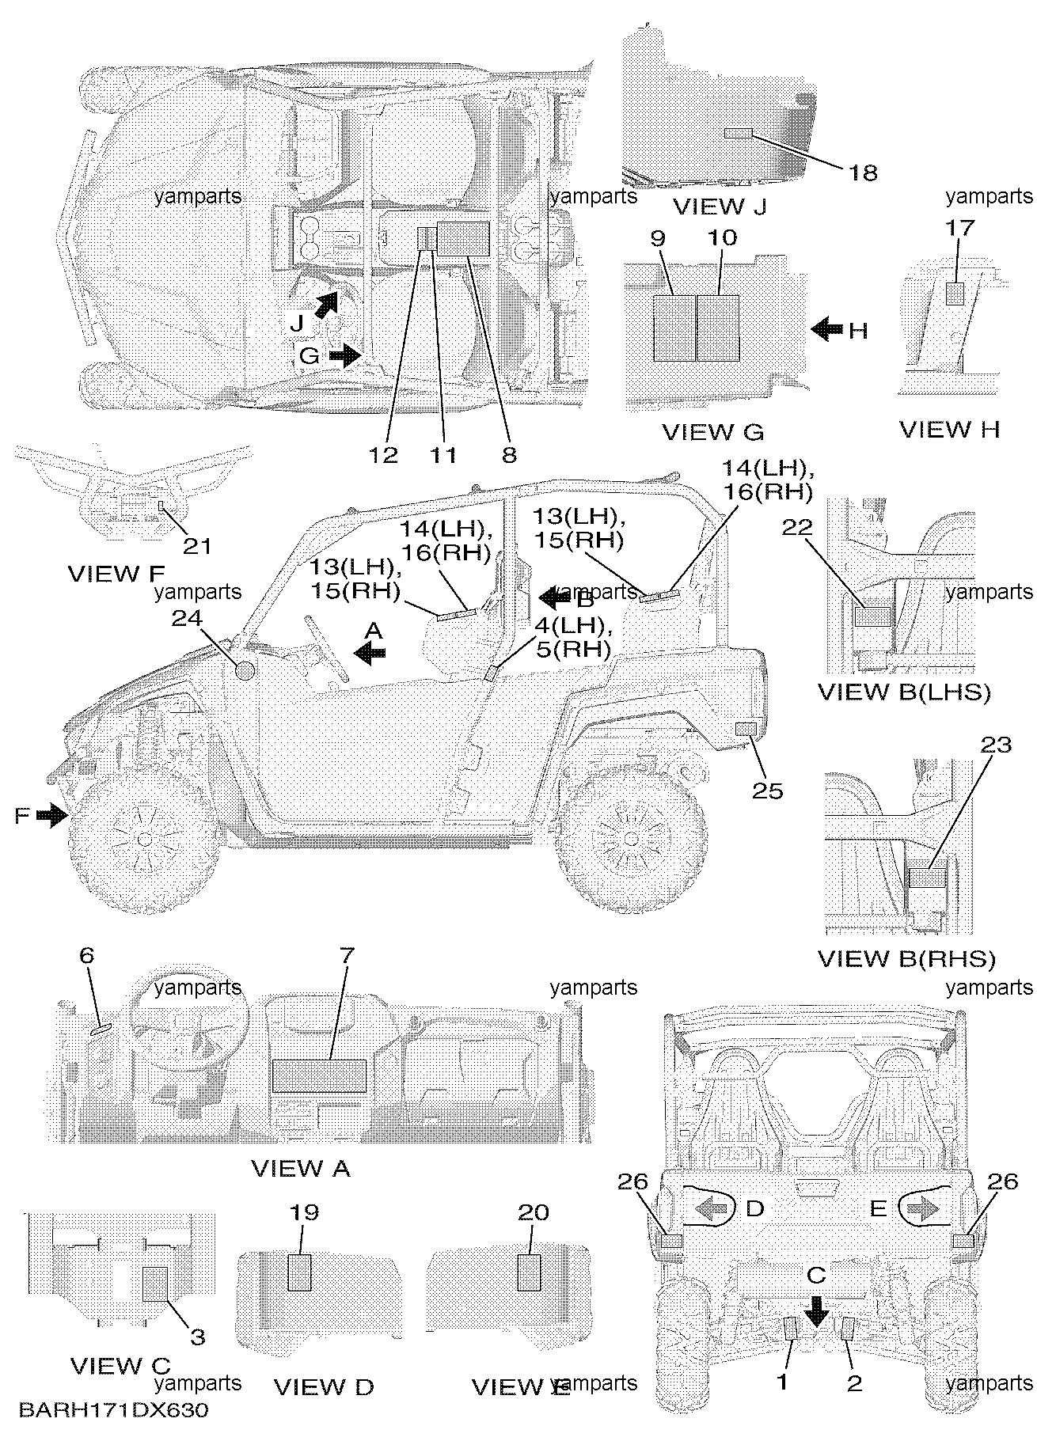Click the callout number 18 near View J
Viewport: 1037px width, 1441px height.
click(863, 173)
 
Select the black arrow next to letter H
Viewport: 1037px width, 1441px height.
click(826, 328)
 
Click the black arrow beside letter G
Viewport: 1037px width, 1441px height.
click(344, 356)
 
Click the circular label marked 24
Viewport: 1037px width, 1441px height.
click(245, 670)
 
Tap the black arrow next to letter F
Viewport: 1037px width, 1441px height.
click(52, 814)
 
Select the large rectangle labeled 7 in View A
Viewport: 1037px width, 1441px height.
click(319, 1076)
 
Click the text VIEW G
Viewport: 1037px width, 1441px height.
click(712, 432)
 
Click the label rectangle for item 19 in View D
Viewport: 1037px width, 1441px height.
click(299, 1272)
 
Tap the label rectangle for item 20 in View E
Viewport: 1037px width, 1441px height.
click(529, 1272)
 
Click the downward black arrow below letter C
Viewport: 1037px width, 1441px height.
click(815, 1314)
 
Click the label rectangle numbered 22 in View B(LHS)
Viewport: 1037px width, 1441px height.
click(873, 616)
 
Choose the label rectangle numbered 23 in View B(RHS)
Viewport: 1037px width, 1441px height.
click(928, 878)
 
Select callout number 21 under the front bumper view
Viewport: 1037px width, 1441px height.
click(197, 545)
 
